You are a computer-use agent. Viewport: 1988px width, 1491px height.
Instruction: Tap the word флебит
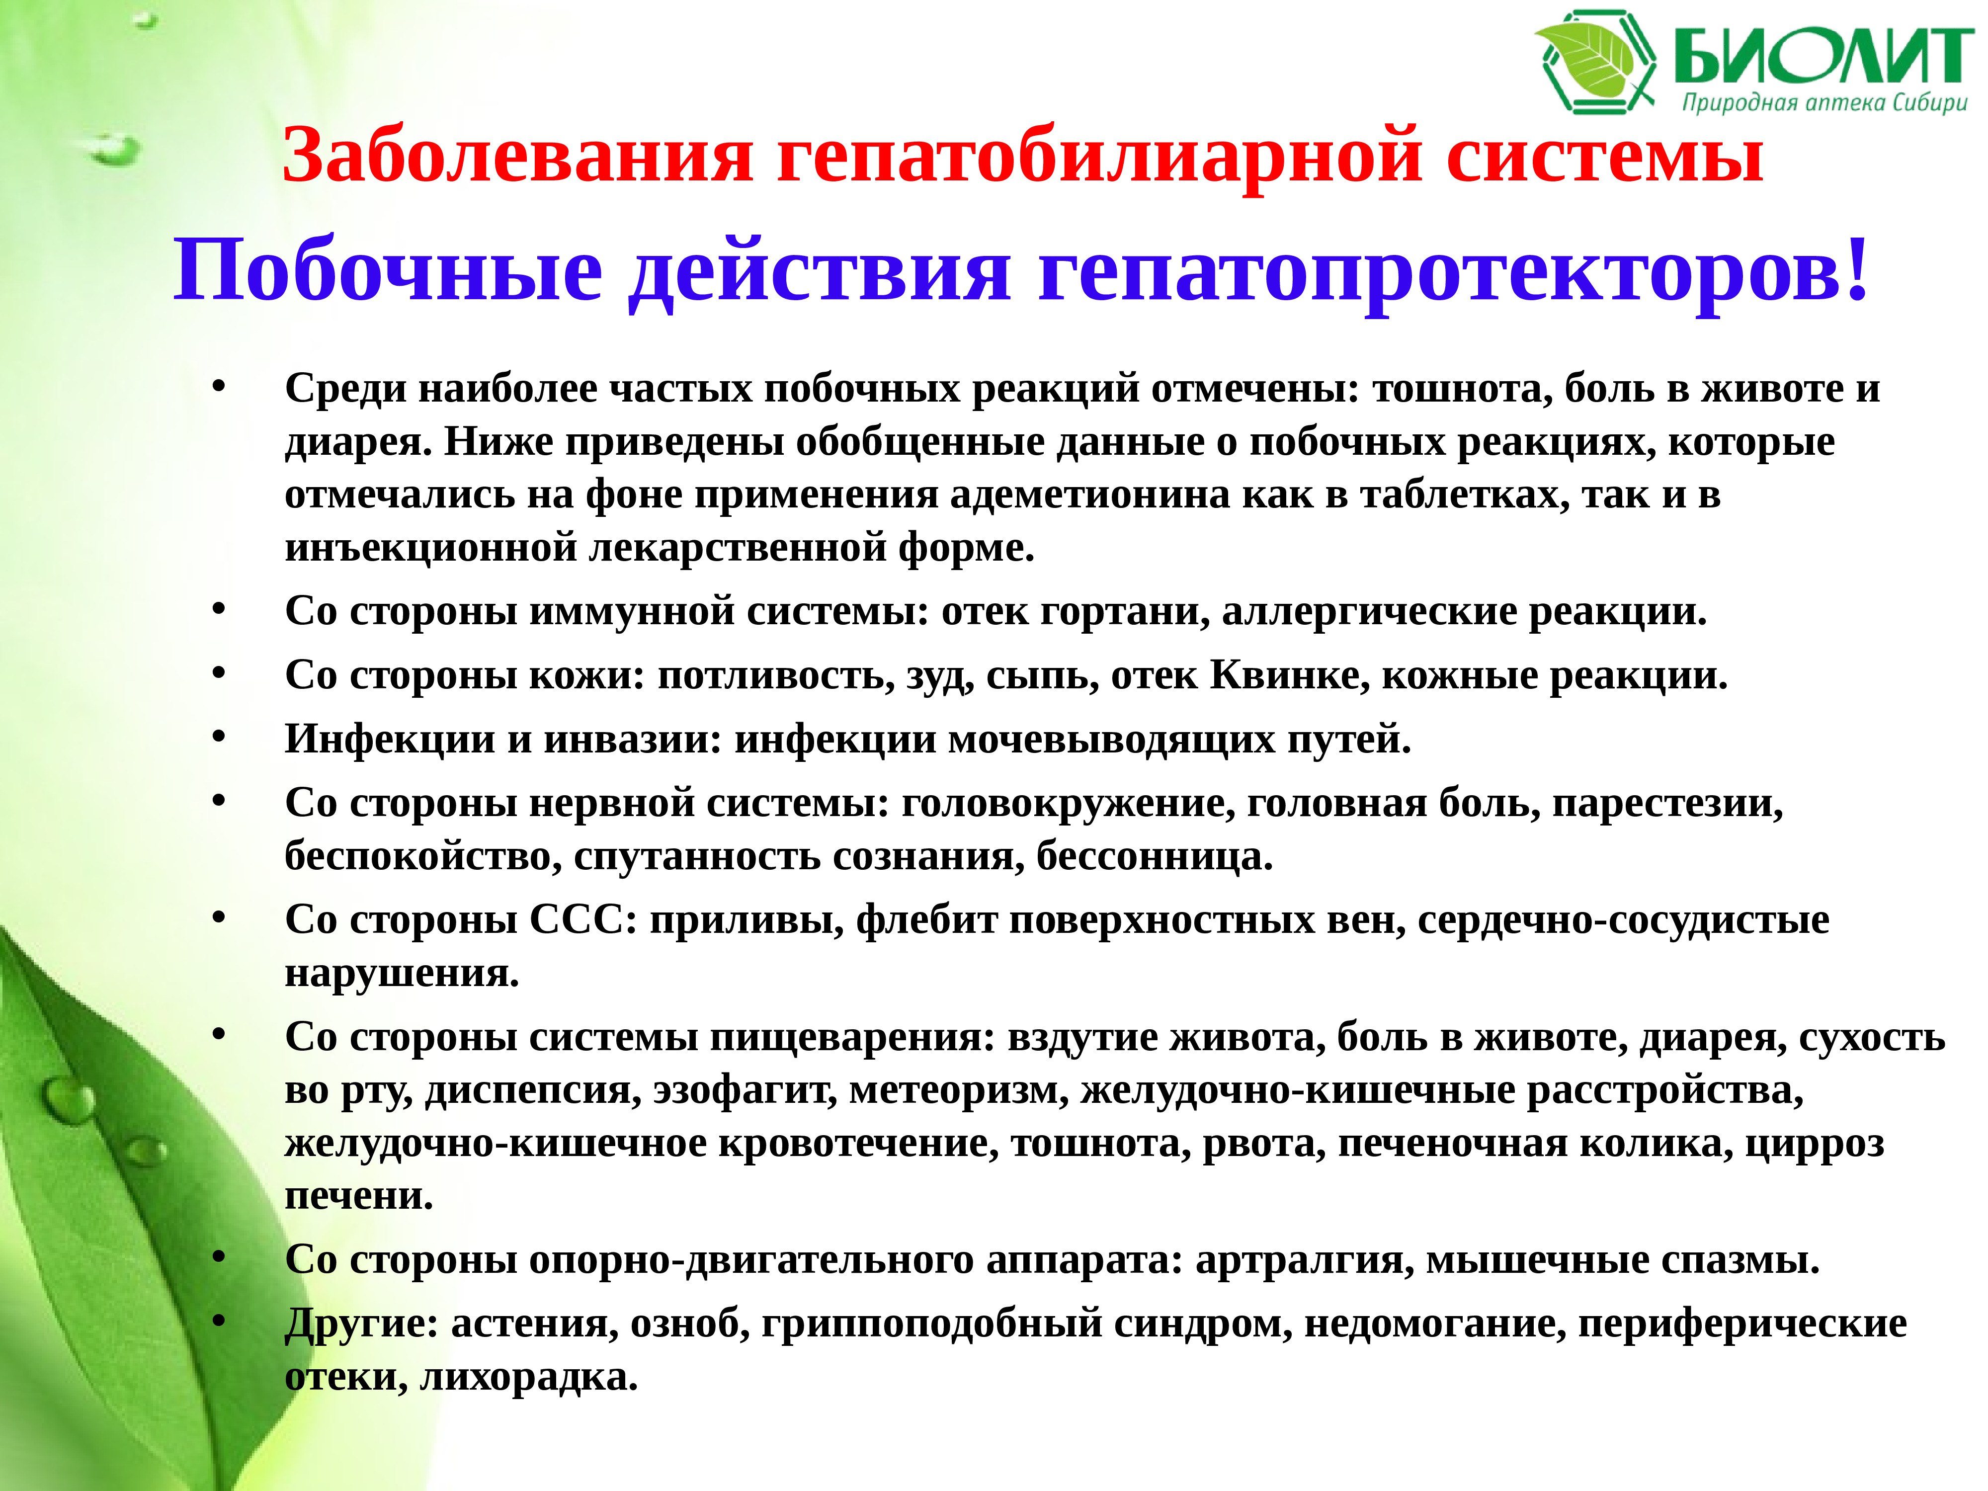[926, 920]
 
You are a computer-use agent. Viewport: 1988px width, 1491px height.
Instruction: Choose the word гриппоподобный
[931, 1324]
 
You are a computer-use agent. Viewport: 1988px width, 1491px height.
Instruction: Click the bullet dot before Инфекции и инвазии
[218, 736]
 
